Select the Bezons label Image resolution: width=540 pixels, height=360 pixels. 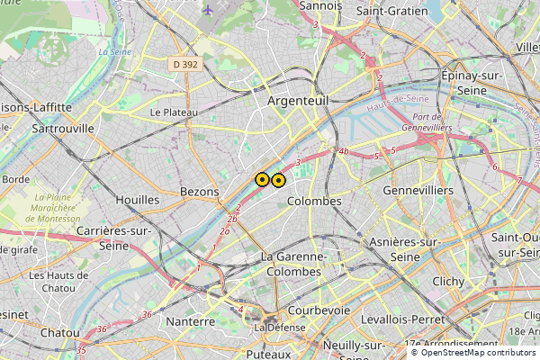click(199, 192)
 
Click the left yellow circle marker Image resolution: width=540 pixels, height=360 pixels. click(262, 180)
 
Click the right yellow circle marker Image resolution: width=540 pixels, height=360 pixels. click(279, 180)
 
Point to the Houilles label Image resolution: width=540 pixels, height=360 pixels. click(138, 200)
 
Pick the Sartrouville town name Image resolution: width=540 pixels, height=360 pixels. click(63, 129)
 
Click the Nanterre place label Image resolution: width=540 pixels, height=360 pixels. click(191, 320)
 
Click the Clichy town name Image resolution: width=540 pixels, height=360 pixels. click(448, 281)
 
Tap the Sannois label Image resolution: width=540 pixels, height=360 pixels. click(319, 5)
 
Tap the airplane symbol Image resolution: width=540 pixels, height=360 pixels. click(208, 10)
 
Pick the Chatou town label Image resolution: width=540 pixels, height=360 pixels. click(60, 332)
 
